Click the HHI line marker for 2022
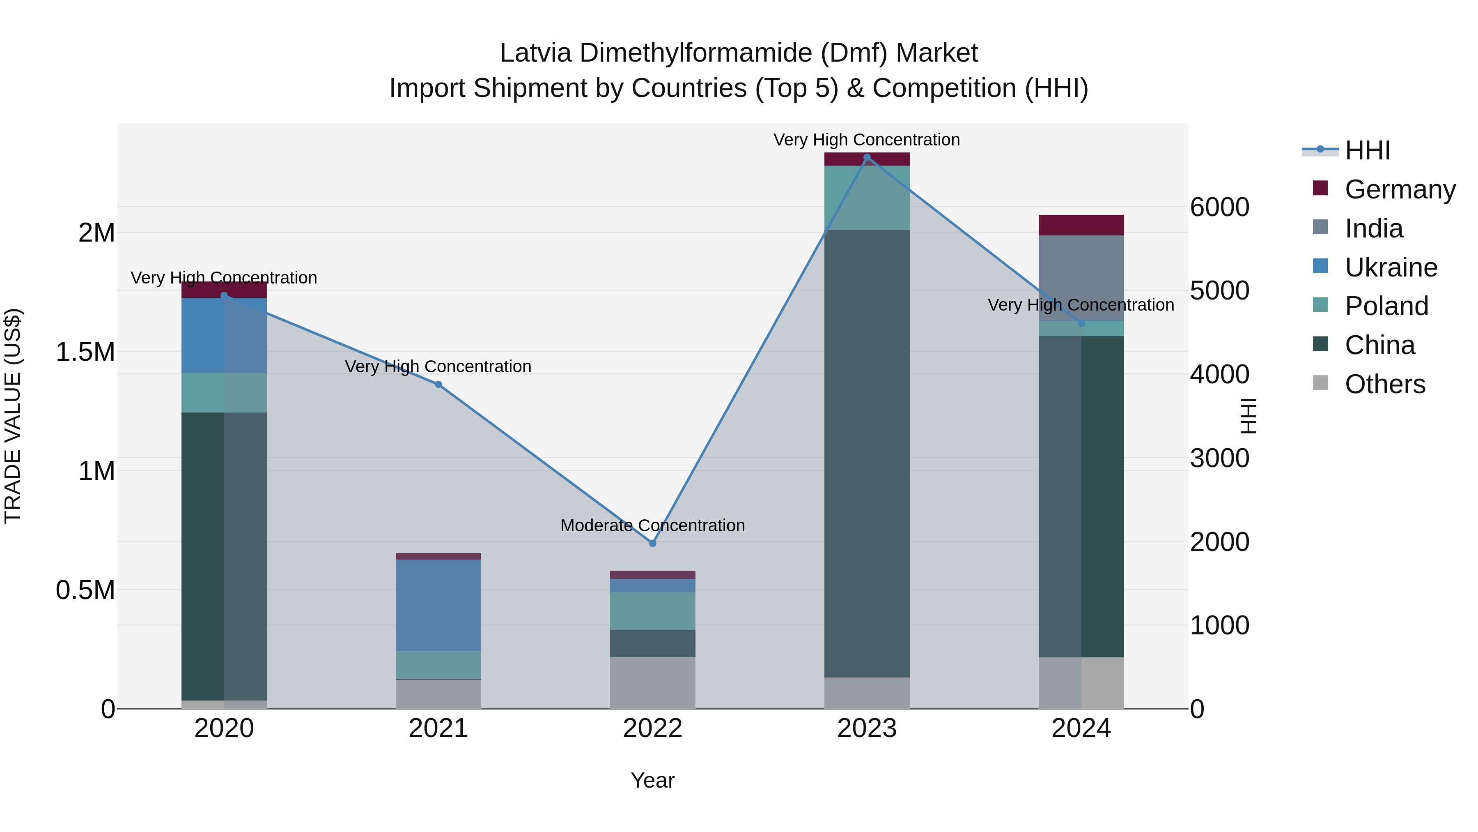pyautogui.click(x=652, y=543)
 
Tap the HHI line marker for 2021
pyautogui.click(x=438, y=385)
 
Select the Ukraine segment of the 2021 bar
pyautogui.click(x=438, y=605)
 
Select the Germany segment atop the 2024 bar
pyautogui.click(x=1081, y=225)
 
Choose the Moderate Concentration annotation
pyautogui.click(x=652, y=525)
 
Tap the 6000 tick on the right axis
pyautogui.click(x=1219, y=207)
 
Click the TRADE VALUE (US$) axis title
pyautogui.click(x=13, y=416)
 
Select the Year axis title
pyautogui.click(x=652, y=780)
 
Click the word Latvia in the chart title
pyautogui.click(x=535, y=53)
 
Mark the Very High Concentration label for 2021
pyautogui.click(x=438, y=366)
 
